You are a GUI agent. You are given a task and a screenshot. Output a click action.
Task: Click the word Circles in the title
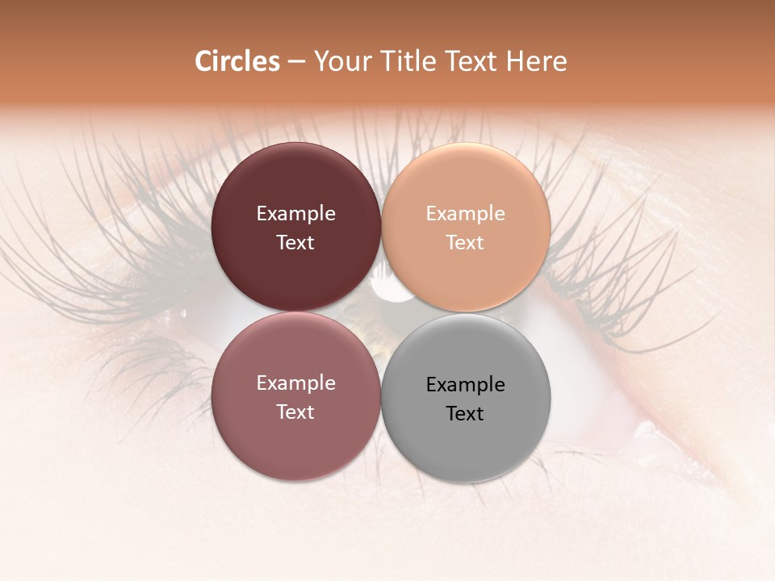coord(237,61)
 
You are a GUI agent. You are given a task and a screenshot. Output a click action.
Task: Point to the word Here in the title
coord(537,61)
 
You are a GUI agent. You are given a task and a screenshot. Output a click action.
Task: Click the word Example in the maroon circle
coord(296,214)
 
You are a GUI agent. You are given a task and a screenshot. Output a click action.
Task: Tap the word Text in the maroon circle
coord(296,243)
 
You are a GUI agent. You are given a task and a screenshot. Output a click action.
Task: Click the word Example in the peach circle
coord(466,214)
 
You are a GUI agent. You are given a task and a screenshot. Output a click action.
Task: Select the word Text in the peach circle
coord(466,243)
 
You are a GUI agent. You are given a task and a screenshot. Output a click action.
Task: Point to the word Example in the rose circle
coord(296,383)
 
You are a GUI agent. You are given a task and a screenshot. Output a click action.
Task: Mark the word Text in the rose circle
coord(296,412)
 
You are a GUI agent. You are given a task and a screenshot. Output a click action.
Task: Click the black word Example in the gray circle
coord(466,385)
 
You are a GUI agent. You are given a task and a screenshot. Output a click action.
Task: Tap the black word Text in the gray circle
coord(466,414)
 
